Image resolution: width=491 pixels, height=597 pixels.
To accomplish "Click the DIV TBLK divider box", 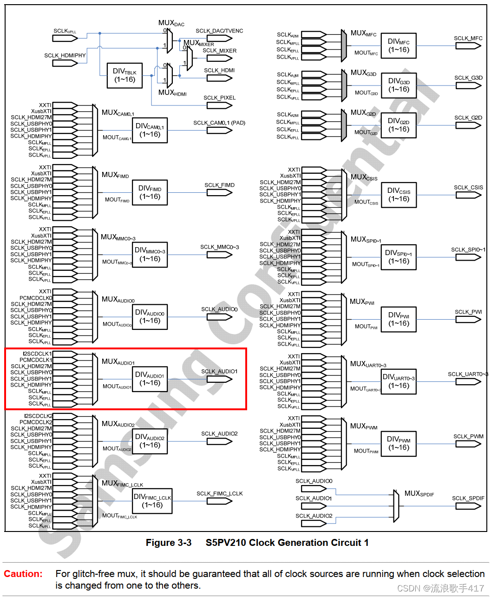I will (124, 75).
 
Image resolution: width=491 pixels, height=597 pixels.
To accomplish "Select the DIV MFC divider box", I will (399, 46).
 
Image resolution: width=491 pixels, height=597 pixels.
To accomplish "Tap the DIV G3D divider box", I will (399, 85).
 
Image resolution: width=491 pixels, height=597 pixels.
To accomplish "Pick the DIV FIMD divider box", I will (150, 193).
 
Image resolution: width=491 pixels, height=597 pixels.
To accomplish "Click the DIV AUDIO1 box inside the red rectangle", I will (150, 379).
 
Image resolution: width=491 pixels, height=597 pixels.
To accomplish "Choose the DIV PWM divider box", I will (399, 444).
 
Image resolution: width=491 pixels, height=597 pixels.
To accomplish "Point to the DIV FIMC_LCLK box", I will (152, 501).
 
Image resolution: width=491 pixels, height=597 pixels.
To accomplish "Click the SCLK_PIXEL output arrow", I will (219, 105).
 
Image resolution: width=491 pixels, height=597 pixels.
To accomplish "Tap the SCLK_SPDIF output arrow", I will (468, 506).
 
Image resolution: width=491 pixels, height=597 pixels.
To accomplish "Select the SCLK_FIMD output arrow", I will (219, 192).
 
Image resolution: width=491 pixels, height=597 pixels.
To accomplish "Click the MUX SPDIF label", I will (419, 493).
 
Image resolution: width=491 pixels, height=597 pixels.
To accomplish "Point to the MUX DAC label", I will (171, 23).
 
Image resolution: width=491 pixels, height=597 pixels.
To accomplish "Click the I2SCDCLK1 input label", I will (37, 354).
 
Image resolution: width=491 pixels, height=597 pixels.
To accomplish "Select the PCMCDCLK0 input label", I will (36, 298).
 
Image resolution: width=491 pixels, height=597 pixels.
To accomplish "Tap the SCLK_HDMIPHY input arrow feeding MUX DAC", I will (65, 63).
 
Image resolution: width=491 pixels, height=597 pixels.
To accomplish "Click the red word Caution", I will (23, 574).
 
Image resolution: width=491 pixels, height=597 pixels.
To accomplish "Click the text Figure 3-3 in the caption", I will (168, 543).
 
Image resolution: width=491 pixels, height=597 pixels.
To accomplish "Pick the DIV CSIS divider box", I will (399, 195).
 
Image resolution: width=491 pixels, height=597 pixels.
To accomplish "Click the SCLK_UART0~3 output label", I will (467, 374).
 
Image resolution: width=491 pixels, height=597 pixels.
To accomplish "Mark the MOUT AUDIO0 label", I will (117, 324).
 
